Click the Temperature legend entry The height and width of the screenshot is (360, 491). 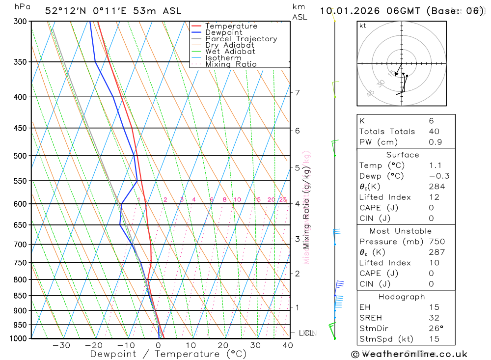231,26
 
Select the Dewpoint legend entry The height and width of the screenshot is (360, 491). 223,32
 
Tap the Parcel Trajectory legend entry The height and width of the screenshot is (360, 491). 241,39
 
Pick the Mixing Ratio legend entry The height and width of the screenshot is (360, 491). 231,64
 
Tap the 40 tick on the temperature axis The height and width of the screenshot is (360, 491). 288,345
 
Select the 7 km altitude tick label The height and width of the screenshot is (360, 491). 297,92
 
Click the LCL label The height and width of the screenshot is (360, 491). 306,333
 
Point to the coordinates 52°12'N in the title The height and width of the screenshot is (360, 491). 67,11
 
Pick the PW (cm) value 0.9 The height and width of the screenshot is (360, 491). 435,142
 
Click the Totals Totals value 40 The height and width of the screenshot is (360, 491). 434,132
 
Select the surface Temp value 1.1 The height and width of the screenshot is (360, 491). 435,166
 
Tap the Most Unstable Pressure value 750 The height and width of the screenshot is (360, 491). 436,242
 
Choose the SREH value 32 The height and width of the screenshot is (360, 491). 434,318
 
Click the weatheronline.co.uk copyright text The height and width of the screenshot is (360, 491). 409,354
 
